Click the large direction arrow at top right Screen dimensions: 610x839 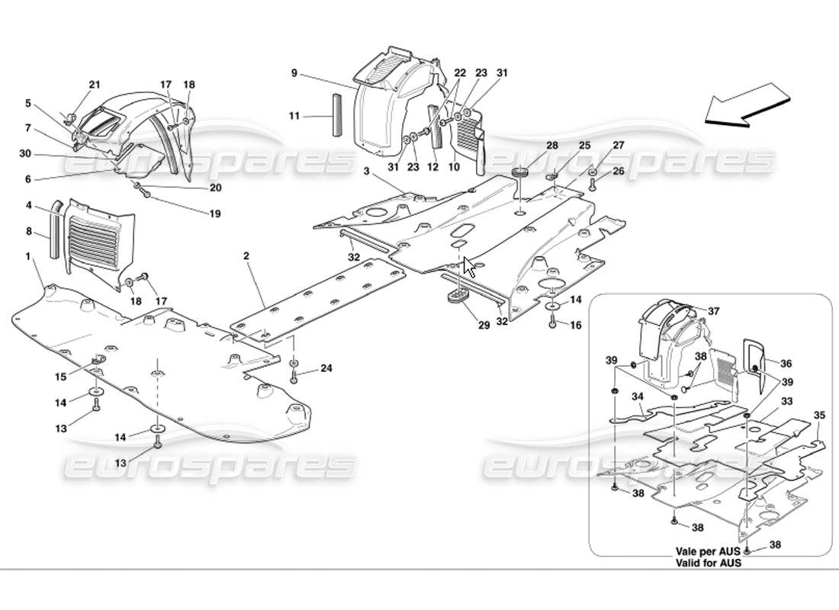point(746,108)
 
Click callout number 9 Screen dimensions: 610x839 point(294,74)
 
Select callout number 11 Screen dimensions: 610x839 point(294,116)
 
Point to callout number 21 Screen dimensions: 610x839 point(95,85)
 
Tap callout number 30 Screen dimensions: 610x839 point(26,154)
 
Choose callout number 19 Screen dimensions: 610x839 point(216,214)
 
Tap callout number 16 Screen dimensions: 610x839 point(576,325)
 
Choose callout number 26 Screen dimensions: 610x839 point(619,171)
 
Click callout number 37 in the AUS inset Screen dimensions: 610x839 point(713,311)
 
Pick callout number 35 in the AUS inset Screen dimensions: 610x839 point(820,416)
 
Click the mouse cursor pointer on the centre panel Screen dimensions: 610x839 point(469,268)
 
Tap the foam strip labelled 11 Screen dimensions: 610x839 point(333,116)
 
